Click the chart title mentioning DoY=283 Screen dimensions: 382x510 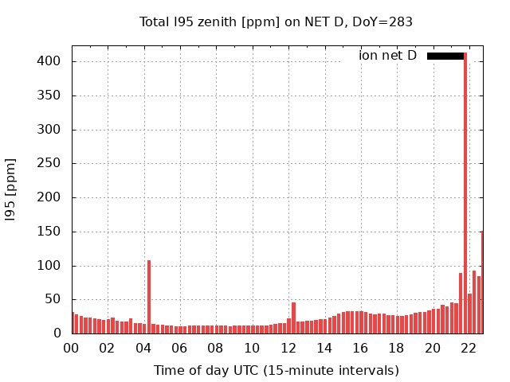[x=276, y=22]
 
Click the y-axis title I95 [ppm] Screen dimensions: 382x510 [x=11, y=189]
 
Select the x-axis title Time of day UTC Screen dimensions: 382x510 [x=276, y=370]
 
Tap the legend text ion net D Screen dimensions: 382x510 [x=387, y=56]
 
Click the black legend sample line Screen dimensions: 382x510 [x=445, y=56]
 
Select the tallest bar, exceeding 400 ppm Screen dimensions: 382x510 [x=465, y=191]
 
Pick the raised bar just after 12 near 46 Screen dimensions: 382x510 [x=293, y=318]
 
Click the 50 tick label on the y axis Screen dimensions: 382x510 [x=53, y=300]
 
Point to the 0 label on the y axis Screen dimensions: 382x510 [x=57, y=333]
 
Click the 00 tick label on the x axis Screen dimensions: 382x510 [x=72, y=348]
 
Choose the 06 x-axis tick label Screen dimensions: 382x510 [x=180, y=348]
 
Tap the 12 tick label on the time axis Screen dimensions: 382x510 [x=288, y=348]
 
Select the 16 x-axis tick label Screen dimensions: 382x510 [x=360, y=348]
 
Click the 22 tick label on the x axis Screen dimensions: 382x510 [x=469, y=348]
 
